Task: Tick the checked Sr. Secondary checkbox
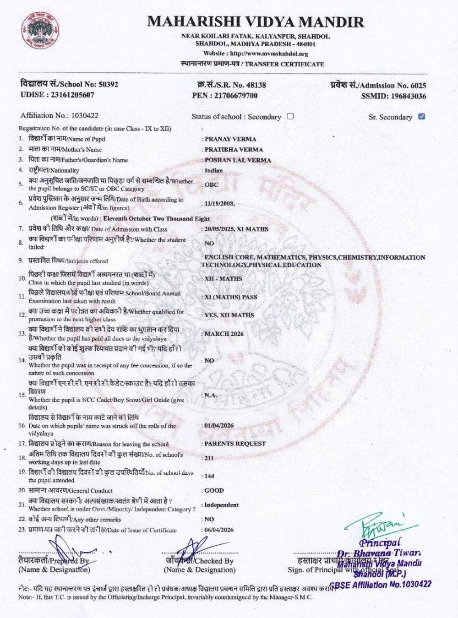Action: [x=422, y=116]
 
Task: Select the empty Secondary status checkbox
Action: [x=290, y=116]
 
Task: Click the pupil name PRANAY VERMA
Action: [x=230, y=139]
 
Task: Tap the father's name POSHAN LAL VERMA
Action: [x=238, y=160]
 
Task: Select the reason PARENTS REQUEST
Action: [x=235, y=444]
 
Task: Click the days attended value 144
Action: [x=209, y=476]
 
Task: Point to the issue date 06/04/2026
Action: [x=219, y=530]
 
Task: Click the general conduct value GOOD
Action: [x=214, y=490]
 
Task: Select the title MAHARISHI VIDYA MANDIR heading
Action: [x=256, y=22]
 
